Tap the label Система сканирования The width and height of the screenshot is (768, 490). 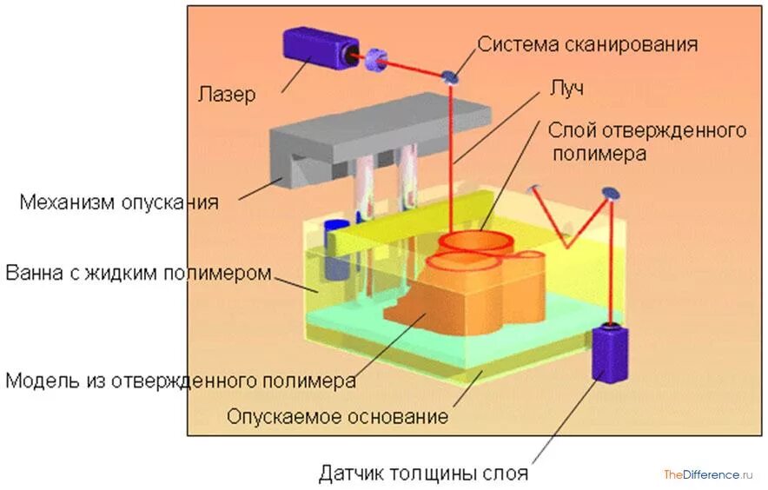tap(587, 43)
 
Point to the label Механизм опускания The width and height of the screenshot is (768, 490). tap(119, 202)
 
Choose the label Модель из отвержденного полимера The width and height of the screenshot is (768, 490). tap(181, 381)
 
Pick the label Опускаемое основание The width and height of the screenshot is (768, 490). tap(338, 416)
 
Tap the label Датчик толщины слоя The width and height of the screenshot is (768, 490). tap(423, 474)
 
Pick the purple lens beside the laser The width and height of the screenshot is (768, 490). tap(376, 60)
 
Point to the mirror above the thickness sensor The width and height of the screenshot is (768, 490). tap(612, 193)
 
